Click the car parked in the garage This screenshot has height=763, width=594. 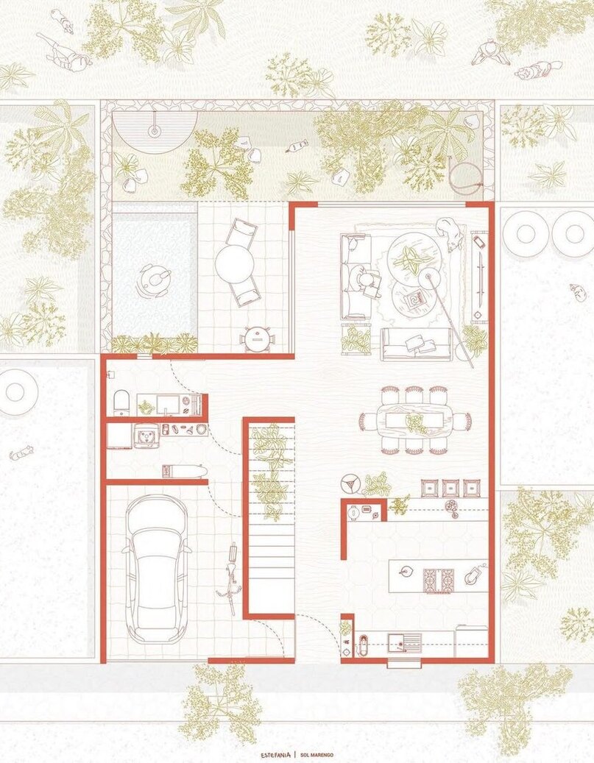pyautogui.click(x=156, y=569)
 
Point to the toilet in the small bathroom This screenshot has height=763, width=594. pyautogui.click(x=121, y=405)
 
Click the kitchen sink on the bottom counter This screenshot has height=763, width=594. pyautogui.click(x=405, y=642)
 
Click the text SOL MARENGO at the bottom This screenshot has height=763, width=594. pyautogui.click(x=317, y=755)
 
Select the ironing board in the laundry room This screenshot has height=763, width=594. pyautogui.click(x=184, y=472)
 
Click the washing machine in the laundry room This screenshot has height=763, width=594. pyautogui.click(x=145, y=436)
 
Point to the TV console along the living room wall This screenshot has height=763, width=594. pyautogui.click(x=480, y=277)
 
